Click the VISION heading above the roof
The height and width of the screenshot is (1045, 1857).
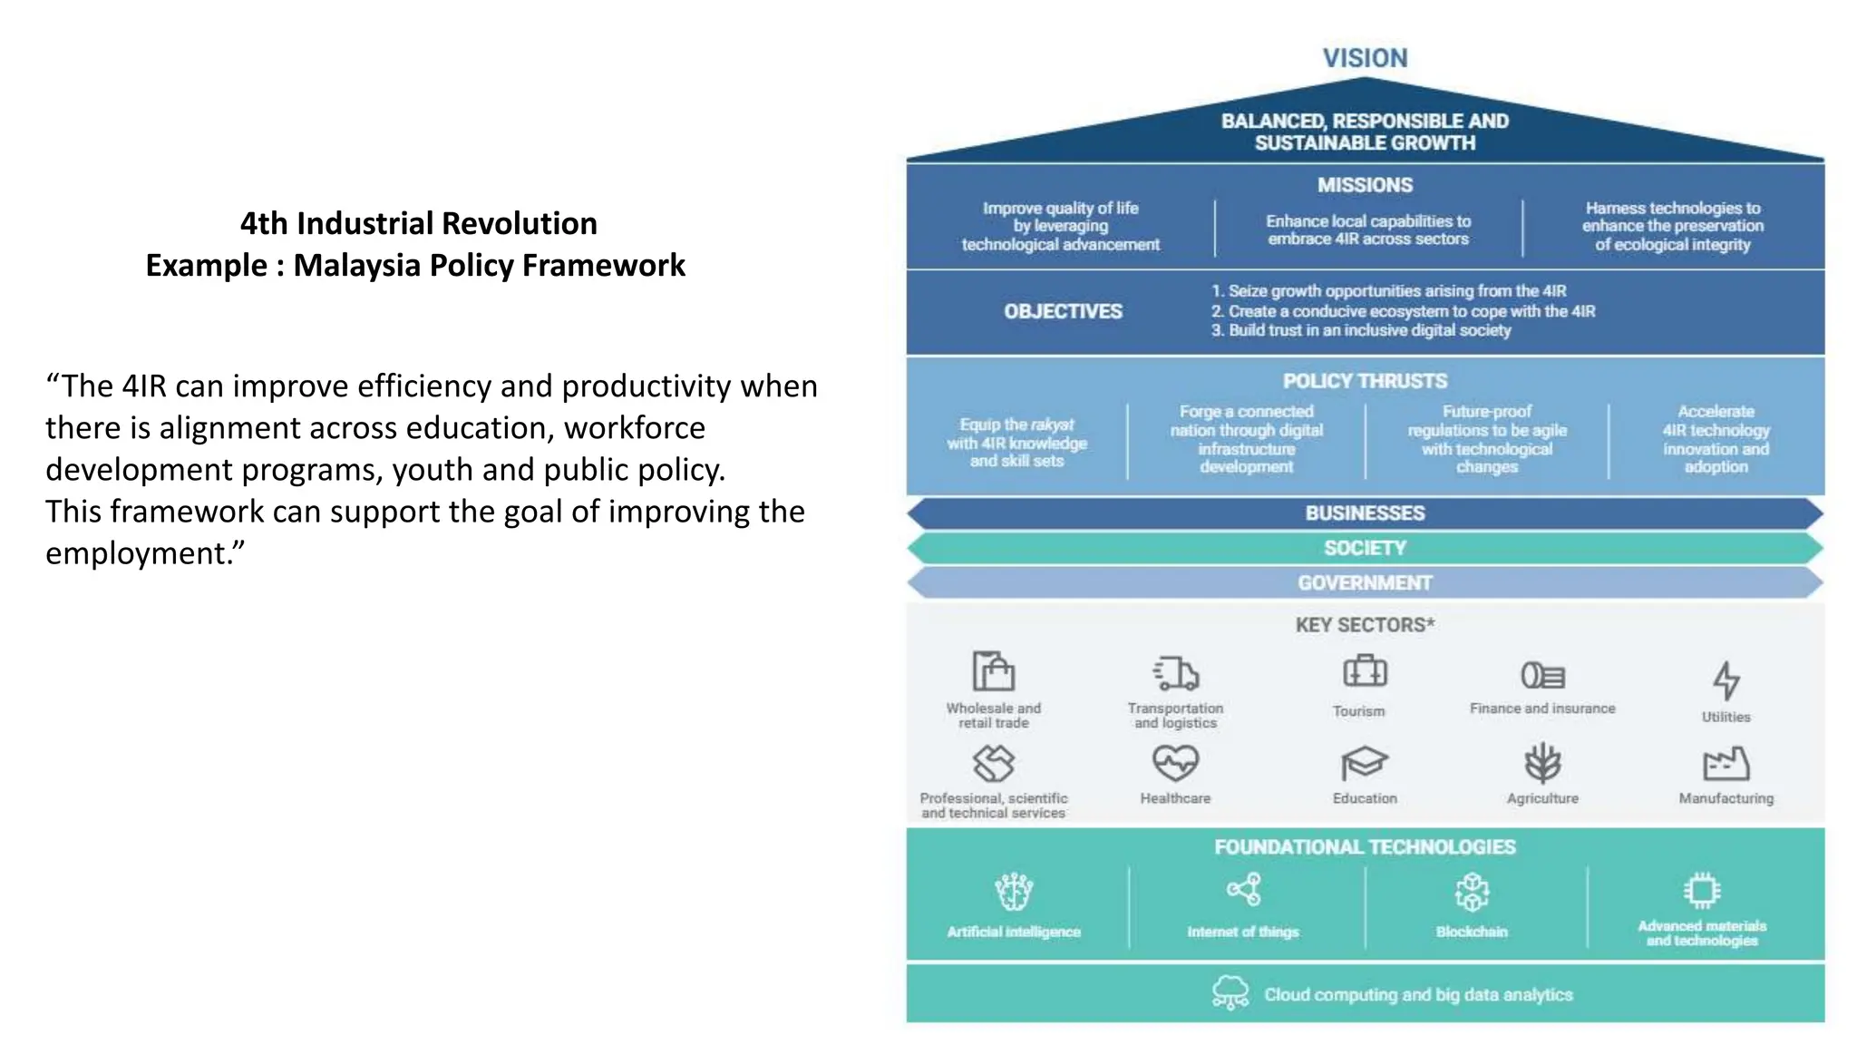coord(1365,58)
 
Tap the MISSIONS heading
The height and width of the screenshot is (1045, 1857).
coord(1365,185)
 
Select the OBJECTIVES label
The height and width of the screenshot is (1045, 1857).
coord(1063,311)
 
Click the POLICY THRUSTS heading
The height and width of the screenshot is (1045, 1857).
coord(1365,381)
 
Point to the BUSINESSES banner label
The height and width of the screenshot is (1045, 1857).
coord(1365,513)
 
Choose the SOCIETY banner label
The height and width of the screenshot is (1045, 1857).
coord(1365,548)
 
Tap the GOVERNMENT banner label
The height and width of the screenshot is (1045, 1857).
coord(1365,582)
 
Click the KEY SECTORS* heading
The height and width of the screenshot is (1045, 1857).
coord(1365,625)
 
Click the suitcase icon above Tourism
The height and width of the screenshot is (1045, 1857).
coord(1365,672)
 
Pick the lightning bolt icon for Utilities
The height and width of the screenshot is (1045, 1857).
coord(1726,680)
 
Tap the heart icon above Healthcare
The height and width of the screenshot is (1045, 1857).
coord(1175,763)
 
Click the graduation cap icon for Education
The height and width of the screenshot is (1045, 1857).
coord(1364,763)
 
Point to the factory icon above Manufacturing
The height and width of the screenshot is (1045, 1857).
coord(1726,764)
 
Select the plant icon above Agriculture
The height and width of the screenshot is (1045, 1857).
coord(1542,763)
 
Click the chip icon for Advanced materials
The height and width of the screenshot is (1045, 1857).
coord(1702,891)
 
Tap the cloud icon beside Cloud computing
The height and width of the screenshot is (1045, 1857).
coord(1230,992)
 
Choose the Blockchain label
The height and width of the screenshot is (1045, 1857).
coord(1472,932)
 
